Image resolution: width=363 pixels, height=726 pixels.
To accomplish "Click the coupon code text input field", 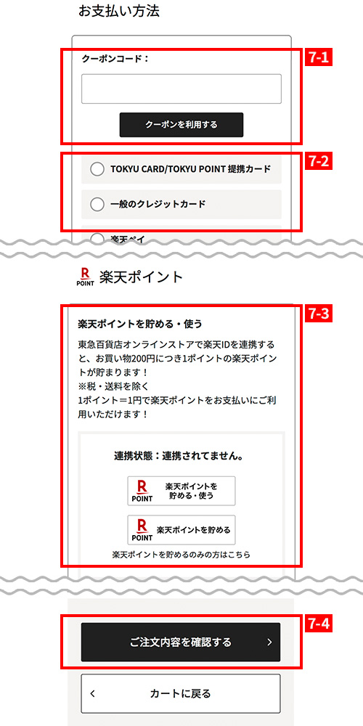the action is pos(181,89).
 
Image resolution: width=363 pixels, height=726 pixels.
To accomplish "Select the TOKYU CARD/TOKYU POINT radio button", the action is pos(97,169).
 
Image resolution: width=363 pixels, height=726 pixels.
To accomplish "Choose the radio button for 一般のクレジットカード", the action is pos(97,204).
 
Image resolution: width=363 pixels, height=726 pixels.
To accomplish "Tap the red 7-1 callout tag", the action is pos(319,58).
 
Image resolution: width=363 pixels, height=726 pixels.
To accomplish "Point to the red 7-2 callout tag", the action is pos(319,162).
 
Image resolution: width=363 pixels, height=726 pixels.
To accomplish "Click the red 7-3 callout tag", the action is pos(319,314).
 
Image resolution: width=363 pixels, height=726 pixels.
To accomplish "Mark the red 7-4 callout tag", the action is pos(319,624).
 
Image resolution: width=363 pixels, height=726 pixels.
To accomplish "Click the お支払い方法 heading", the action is pos(119,12).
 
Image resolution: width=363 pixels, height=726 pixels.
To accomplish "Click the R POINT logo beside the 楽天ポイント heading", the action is pos(85,277).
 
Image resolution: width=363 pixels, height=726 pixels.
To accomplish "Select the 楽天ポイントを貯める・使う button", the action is pos(181,491).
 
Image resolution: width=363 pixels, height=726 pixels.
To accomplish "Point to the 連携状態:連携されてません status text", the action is pos(179,456).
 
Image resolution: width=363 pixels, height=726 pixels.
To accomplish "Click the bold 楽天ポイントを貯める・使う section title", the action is pos(140,324).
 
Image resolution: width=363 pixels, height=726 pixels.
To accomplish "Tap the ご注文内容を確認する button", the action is pos(181,642).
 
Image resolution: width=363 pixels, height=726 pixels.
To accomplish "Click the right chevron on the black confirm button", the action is pos(270,643).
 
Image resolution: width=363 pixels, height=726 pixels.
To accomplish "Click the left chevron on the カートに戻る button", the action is pos(93,693).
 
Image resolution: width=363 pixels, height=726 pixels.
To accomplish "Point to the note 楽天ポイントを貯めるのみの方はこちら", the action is pos(181,554).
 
